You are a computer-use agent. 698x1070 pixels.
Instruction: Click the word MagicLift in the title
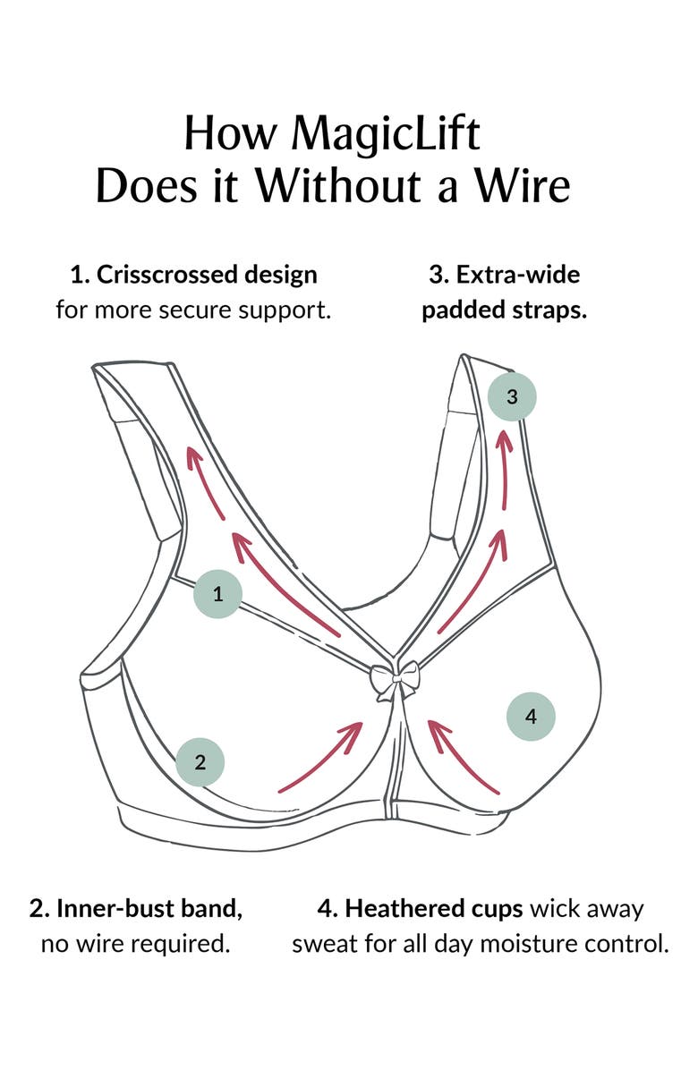tap(387, 134)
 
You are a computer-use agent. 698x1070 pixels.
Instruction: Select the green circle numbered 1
tap(217, 592)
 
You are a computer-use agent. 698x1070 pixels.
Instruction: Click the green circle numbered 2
tap(200, 762)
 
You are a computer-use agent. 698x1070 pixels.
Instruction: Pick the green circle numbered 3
tap(512, 396)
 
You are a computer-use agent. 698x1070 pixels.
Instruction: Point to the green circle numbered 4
tap(531, 716)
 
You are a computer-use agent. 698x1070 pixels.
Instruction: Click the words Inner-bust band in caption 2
tap(149, 909)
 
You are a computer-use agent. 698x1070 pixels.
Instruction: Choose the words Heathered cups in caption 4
tap(434, 909)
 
